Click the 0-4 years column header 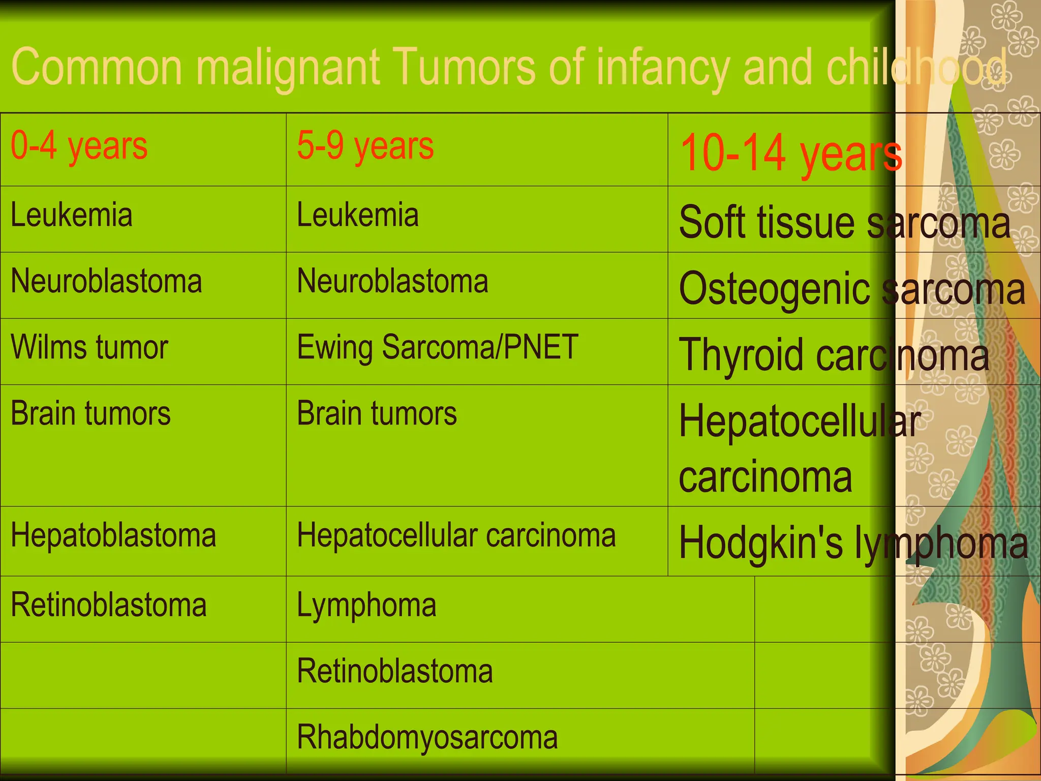(79, 146)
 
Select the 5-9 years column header (365, 146)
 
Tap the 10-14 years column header (790, 153)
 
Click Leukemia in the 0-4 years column (72, 215)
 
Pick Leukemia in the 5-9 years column (358, 215)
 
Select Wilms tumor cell (89, 348)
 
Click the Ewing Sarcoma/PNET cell (437, 348)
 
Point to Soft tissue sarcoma (844, 222)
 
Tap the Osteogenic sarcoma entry (852, 288)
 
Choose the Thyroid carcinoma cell (834, 354)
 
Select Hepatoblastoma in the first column (113, 536)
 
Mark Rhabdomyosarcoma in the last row (427, 737)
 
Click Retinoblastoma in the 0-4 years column (109, 605)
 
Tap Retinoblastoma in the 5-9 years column (394, 671)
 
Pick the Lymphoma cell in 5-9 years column (366, 605)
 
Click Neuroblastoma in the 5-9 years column (392, 281)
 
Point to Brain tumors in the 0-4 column (90, 413)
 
